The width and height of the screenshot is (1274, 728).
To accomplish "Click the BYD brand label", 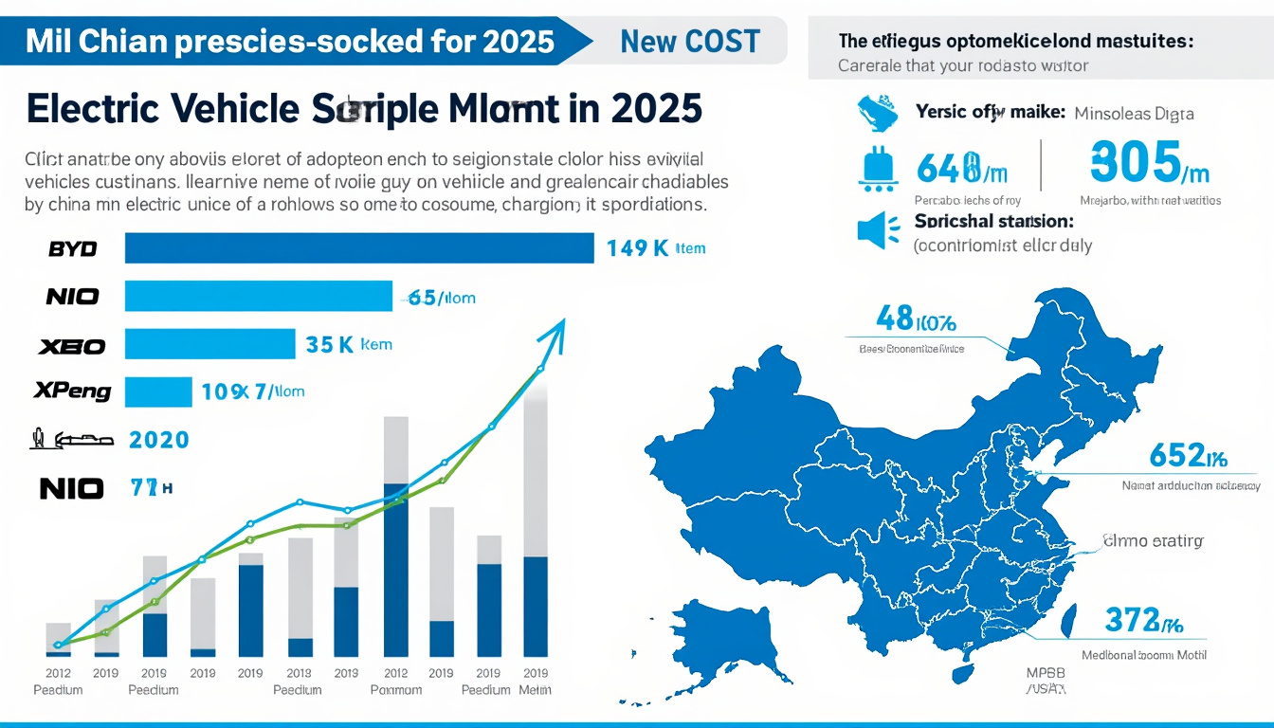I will (x=72, y=249).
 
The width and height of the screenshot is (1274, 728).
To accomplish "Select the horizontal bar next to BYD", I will (x=359, y=248).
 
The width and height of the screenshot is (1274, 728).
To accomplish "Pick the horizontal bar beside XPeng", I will (x=158, y=391).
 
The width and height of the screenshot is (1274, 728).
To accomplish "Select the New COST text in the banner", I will (x=689, y=42).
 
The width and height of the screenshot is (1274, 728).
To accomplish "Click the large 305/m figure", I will (x=1150, y=161).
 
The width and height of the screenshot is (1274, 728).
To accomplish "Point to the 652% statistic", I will (x=1188, y=457).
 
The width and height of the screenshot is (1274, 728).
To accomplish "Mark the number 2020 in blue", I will (x=158, y=440).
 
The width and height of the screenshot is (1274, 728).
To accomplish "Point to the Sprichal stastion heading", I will (x=993, y=221).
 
